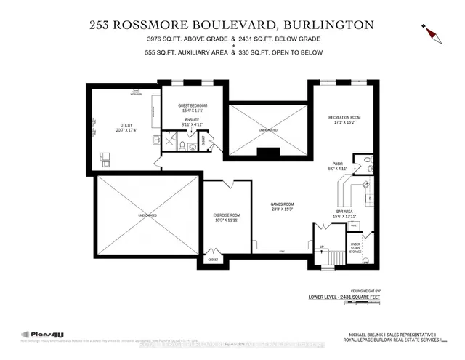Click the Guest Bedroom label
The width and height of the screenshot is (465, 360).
coord(193,106)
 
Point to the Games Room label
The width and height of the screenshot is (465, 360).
coord(280,207)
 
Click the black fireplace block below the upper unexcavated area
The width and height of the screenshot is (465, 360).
coord(268,153)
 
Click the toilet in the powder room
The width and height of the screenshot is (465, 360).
coord(367,160)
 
